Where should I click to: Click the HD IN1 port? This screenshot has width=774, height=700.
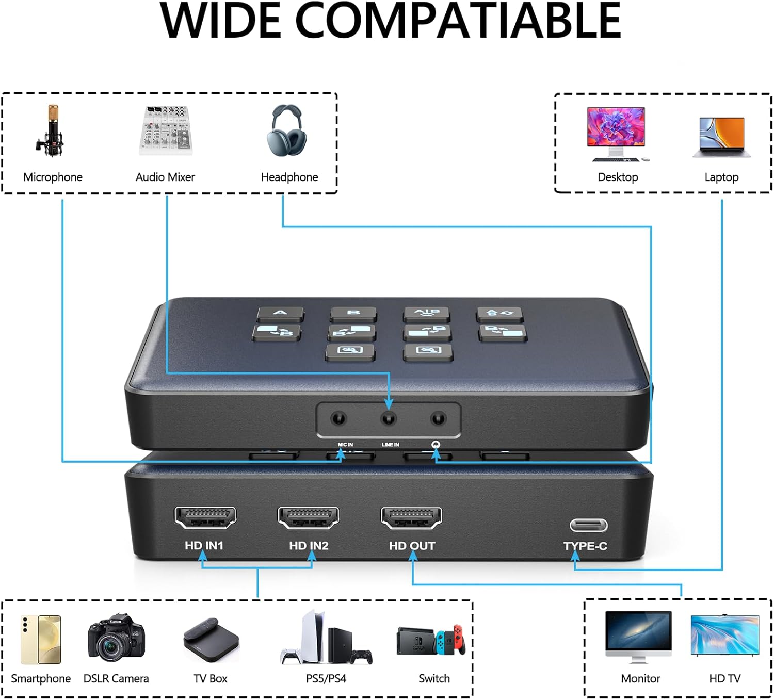coord(205,517)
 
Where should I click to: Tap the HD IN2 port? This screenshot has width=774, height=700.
coord(308,517)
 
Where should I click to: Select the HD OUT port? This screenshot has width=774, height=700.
coord(411,517)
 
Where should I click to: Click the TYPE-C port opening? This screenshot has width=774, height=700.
coord(588,525)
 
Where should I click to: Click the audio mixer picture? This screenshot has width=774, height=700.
coord(166,131)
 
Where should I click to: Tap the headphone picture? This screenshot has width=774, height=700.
coord(287,130)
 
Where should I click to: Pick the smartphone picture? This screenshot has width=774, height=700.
coord(41,640)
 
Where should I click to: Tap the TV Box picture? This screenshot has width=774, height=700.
coord(211,640)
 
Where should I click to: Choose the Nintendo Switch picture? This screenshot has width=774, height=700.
coord(431,640)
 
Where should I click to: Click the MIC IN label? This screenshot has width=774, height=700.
coord(345,445)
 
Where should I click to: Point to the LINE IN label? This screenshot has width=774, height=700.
coord(390,445)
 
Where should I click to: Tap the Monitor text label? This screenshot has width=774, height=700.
coord(640,679)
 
